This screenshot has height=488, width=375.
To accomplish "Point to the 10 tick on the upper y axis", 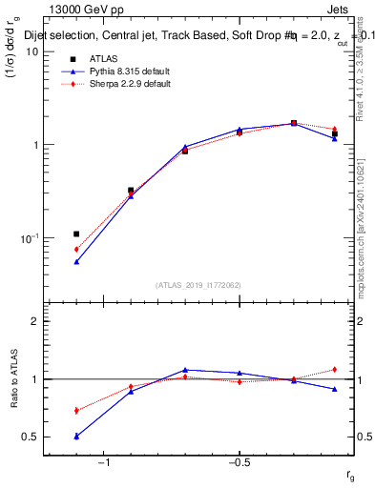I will coord(32,51).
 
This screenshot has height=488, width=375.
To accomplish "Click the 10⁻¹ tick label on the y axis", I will coord(28,237).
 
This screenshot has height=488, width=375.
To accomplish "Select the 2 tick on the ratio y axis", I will coord(35,321).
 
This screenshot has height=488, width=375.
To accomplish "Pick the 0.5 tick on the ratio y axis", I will coord(31,437).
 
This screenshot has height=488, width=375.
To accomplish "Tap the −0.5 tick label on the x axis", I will coord(239,462).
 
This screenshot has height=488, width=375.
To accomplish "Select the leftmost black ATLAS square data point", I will coord(76,234).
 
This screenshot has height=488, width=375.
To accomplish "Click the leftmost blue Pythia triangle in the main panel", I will coord(76,261).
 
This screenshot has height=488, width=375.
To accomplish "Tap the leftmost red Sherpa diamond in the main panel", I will coord(76,249).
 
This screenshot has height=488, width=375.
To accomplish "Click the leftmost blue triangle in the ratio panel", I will coord(76,436).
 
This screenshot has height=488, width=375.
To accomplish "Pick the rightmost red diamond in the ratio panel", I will coord(335,370).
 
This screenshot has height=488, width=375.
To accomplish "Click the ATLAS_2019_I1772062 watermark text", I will coord(198,285).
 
